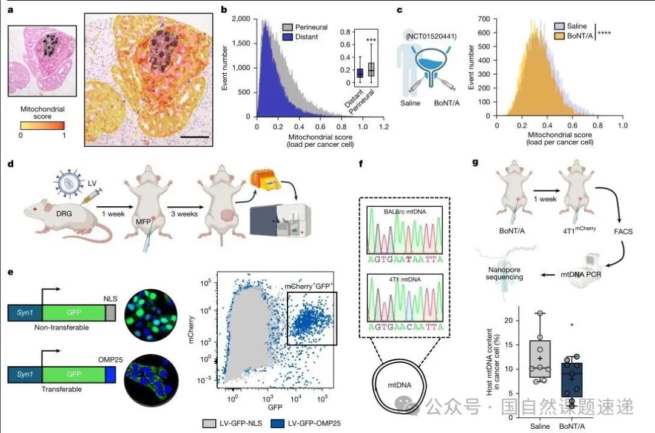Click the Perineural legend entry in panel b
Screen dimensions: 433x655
click(310, 27)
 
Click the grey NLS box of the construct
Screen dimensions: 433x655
click(110, 313)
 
